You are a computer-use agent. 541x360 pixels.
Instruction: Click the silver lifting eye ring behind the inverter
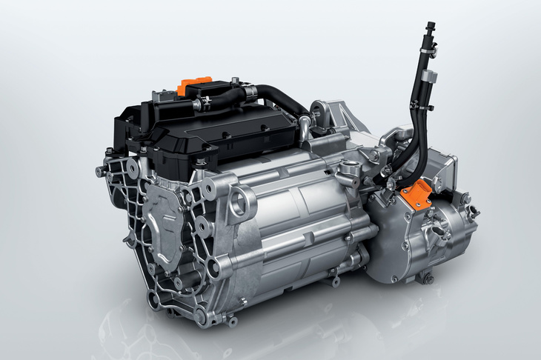(x=324, y=112)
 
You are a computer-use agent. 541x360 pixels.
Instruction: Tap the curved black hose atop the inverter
(x=279, y=100)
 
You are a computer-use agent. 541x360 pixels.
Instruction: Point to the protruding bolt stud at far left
(x=100, y=172)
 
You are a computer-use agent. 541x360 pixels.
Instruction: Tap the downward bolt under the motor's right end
(x=337, y=280)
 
